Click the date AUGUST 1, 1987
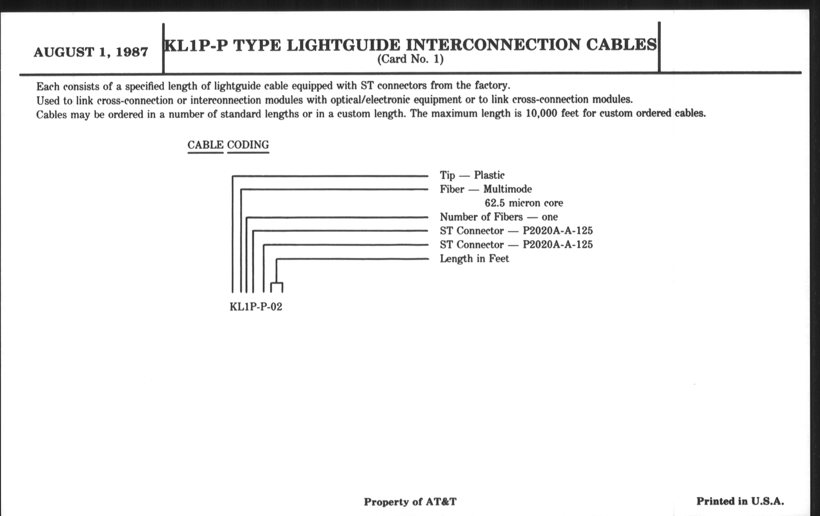(91, 52)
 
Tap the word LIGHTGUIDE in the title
(344, 45)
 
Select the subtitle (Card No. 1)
(410, 59)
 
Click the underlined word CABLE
(205, 145)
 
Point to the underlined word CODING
(248, 145)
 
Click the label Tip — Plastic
(472, 175)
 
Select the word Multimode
(507, 189)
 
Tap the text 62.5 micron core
(524, 203)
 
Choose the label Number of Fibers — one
(499, 217)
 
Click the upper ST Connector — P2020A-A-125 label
(516, 231)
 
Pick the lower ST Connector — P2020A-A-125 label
(516, 245)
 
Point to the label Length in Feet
(474, 259)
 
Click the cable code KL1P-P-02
(256, 307)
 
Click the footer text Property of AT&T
(410, 501)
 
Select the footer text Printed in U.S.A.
(740, 501)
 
